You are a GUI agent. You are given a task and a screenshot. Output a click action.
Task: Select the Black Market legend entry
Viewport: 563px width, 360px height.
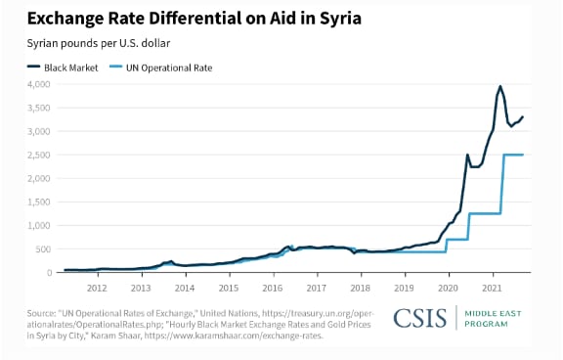63,67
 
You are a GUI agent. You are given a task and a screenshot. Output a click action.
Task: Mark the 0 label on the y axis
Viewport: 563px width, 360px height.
50,273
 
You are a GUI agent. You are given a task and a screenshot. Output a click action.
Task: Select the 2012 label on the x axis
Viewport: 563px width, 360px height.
97,289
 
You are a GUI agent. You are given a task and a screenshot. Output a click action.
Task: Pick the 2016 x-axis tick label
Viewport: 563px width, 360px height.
273,289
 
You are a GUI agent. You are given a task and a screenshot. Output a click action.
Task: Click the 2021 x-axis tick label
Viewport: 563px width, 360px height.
492,289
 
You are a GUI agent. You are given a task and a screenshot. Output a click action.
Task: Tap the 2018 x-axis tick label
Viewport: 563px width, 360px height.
360,289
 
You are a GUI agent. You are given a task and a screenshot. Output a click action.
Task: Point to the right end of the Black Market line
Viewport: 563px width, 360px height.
523,116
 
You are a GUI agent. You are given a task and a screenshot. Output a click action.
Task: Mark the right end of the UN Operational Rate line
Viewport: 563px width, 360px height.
523,155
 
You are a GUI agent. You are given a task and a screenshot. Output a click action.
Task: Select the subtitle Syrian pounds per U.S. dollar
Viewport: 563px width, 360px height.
99,43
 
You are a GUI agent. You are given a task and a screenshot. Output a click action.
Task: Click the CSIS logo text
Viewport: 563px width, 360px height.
420,318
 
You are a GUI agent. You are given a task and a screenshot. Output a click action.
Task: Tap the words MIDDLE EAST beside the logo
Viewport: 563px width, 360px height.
493,314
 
